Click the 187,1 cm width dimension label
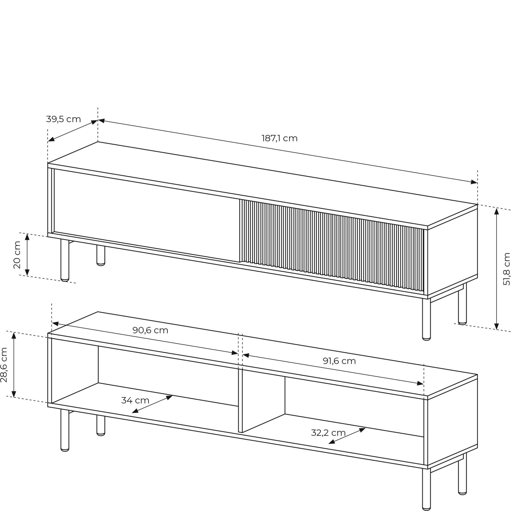point(280,138)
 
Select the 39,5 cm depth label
point(63,119)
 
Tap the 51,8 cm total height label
point(506,269)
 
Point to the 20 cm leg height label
point(17,255)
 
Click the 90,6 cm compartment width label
point(150,330)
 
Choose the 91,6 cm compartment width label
point(339,361)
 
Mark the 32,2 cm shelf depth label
point(328,433)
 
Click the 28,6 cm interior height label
point(4,365)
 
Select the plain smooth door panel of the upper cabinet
point(147,216)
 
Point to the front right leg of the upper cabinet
point(426,320)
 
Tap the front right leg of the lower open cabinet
point(426,490)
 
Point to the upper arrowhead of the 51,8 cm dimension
point(496,211)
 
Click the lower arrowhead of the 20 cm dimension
point(27,272)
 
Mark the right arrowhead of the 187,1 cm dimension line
point(474,182)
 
